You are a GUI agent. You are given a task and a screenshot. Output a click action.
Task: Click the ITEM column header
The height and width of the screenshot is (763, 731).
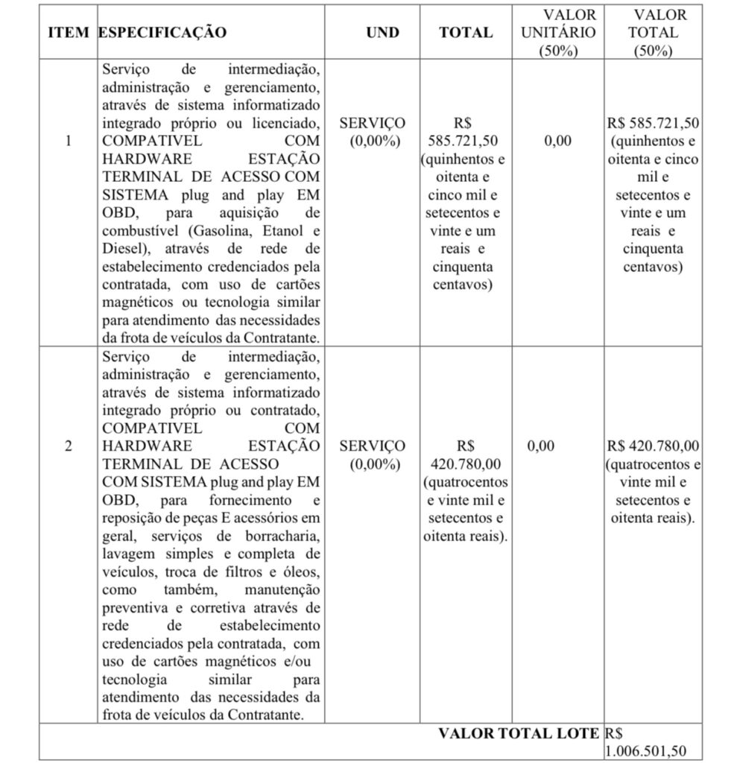pos(69,33)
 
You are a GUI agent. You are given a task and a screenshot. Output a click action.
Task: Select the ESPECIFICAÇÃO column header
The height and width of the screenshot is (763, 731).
pos(162,33)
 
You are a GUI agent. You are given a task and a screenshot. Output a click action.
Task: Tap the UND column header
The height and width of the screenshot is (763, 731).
pos(382,33)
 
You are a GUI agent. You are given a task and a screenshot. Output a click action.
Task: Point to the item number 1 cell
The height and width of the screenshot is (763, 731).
pos(69,141)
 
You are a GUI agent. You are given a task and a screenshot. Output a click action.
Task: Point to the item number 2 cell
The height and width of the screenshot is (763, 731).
pos(69,446)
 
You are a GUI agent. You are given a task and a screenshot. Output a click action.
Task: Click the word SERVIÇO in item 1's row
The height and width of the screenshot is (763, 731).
pos(373,123)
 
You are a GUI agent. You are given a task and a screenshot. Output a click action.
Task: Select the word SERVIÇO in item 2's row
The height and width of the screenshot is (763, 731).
pos(373,446)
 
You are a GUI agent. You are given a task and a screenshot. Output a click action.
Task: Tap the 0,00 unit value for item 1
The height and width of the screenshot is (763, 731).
pos(557,141)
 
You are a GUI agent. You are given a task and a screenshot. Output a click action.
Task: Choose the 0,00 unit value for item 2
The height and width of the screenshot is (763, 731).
pos(541,446)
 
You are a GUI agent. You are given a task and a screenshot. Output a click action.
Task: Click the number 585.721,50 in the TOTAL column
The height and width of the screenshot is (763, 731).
pos(463,141)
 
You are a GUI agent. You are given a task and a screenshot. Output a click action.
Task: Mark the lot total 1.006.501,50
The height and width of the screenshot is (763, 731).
pos(645,751)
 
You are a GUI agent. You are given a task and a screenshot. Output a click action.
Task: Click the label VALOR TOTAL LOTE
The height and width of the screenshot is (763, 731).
pos(518,733)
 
